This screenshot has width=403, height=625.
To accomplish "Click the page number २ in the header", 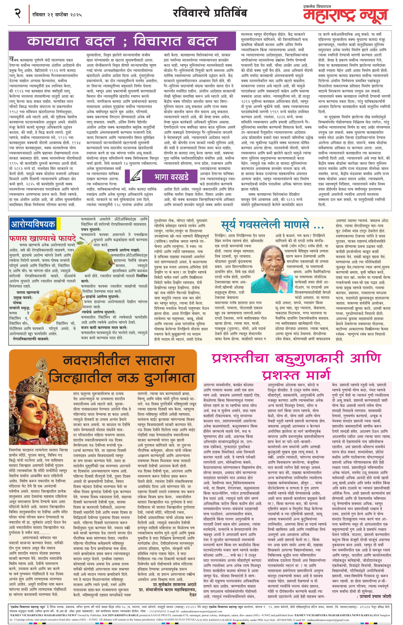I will click(18, 13).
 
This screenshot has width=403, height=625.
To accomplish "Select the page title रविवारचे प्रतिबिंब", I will click(210, 13).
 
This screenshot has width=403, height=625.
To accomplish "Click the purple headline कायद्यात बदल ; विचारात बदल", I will click(122, 41).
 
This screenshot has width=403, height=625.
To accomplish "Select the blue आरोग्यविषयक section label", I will click(33, 224).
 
